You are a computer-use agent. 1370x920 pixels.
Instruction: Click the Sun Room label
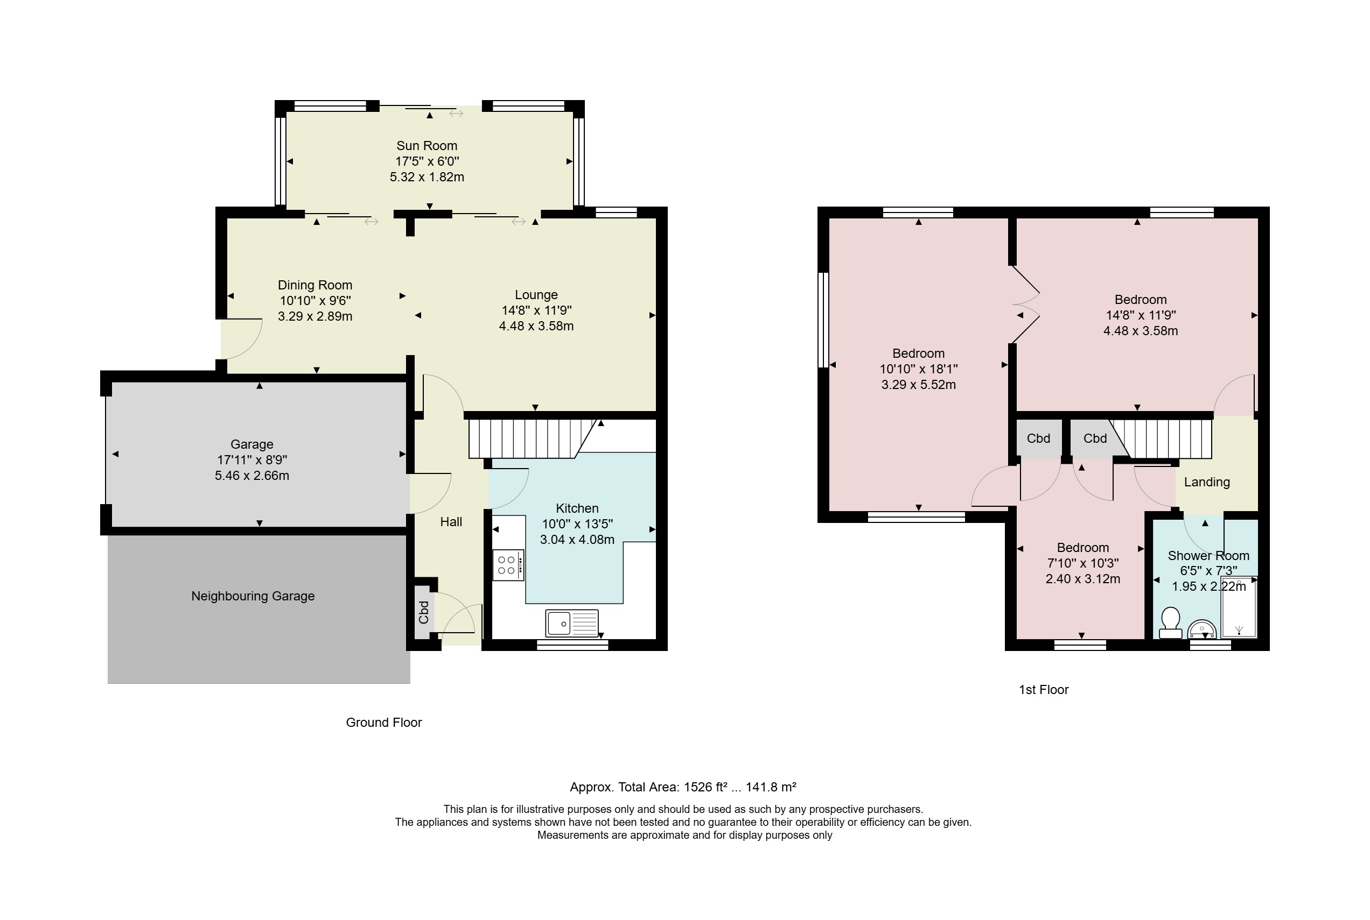(x=427, y=145)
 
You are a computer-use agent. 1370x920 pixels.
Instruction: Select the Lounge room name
(x=536, y=294)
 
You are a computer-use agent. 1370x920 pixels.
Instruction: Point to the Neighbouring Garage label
(x=253, y=596)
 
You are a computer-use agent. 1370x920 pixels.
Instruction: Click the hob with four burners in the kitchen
(x=508, y=564)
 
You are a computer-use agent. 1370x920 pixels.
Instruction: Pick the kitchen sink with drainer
(x=572, y=623)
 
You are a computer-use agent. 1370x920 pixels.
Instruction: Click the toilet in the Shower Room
(x=1170, y=622)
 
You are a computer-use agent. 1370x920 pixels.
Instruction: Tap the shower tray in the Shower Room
(x=1239, y=607)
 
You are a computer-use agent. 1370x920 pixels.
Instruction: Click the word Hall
(x=451, y=522)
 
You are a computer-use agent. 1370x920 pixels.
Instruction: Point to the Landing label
(x=1207, y=482)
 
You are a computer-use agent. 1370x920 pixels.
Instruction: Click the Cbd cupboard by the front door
(x=424, y=612)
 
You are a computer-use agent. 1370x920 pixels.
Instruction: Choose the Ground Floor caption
(x=383, y=722)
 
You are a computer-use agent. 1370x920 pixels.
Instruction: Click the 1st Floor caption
(x=1044, y=689)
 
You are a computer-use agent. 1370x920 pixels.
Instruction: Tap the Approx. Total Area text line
(x=683, y=787)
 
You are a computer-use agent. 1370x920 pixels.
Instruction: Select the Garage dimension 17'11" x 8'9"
(x=252, y=460)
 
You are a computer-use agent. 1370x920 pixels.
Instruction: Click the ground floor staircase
(x=532, y=438)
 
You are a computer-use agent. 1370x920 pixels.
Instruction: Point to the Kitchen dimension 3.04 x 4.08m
(x=577, y=540)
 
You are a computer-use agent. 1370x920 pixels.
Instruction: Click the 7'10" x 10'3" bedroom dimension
(x=1083, y=563)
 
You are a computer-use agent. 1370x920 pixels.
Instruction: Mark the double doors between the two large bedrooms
(x=1025, y=305)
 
